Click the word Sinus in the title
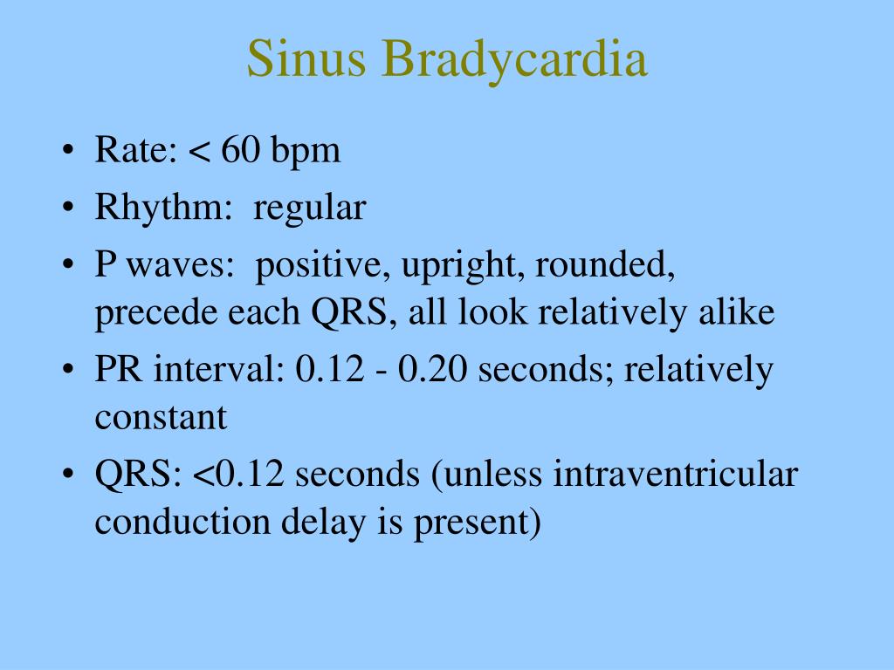306,58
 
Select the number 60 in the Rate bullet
241,150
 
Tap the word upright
463,267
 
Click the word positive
323,267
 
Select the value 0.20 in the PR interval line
431,369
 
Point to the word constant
161,417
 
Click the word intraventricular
676,474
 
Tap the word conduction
182,522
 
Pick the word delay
323,523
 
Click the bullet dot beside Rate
68,150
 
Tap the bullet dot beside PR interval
68,369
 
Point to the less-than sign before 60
199,152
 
